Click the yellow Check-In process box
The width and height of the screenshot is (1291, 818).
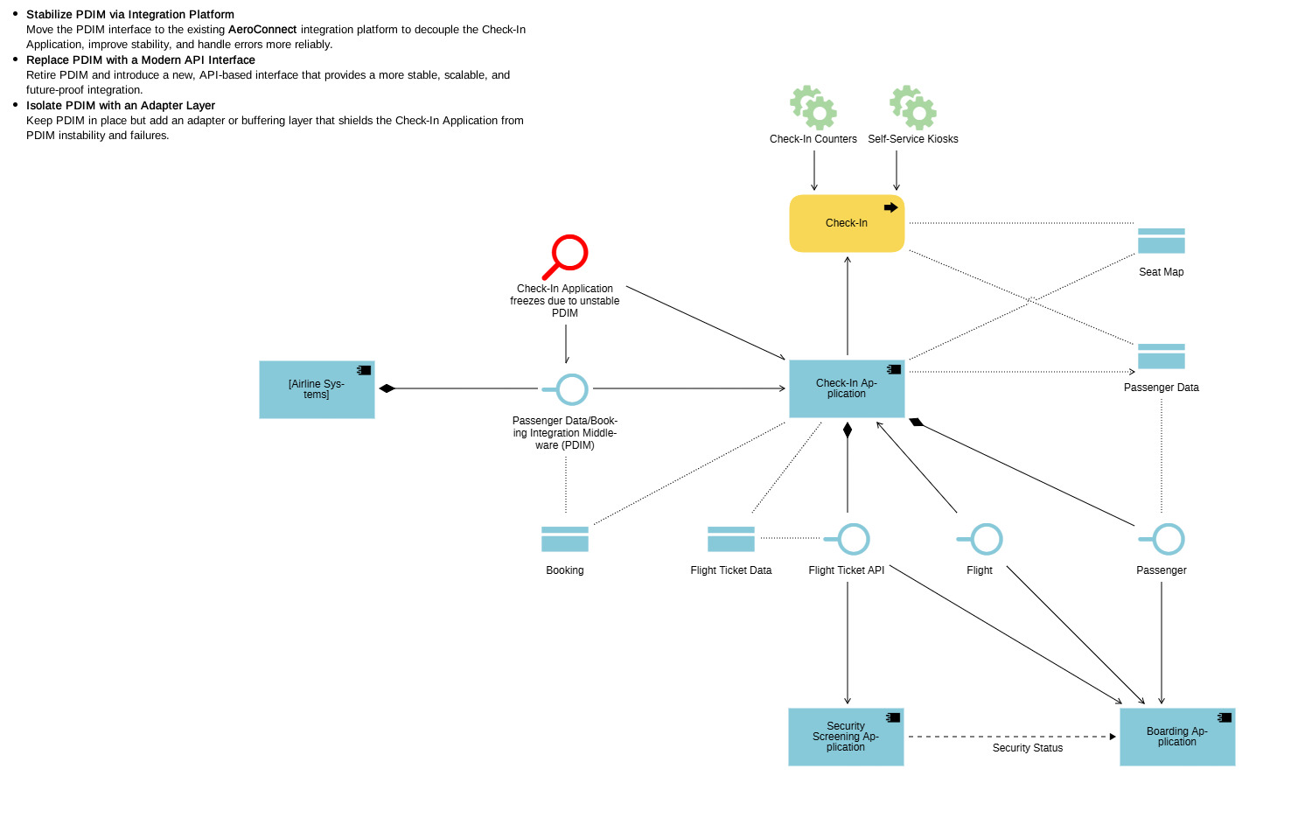click(846, 223)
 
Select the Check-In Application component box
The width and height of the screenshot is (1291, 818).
click(846, 388)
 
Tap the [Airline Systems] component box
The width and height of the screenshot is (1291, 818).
click(317, 389)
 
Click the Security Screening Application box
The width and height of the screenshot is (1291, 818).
click(846, 737)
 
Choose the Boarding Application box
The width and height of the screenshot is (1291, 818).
click(1176, 737)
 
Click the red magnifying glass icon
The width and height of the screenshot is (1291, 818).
click(566, 256)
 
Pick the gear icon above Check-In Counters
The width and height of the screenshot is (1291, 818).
click(813, 108)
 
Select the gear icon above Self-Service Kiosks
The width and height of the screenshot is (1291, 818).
click(913, 108)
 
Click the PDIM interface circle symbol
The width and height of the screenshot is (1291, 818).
click(571, 389)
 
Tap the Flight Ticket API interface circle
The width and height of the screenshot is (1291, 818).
click(853, 539)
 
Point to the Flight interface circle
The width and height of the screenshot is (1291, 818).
click(986, 539)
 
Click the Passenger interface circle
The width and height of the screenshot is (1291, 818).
click(1168, 539)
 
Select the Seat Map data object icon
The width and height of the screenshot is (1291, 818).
click(1161, 241)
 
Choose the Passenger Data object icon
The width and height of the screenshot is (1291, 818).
click(1161, 356)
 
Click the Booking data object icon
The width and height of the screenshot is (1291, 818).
click(565, 539)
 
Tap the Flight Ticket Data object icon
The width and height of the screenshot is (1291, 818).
click(730, 539)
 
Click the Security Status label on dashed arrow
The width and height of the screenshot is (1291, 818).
click(1027, 748)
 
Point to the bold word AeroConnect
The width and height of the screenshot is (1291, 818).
click(262, 30)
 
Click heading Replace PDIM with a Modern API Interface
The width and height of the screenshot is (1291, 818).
click(141, 60)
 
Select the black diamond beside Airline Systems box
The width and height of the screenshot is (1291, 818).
click(387, 388)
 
